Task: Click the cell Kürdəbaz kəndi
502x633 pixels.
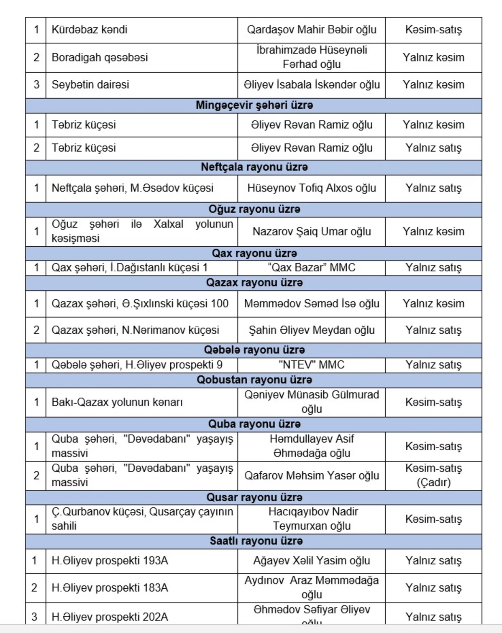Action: tap(90, 30)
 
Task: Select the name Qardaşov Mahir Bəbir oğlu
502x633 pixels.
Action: tap(311, 30)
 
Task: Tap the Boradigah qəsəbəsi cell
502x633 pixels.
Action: tap(100, 57)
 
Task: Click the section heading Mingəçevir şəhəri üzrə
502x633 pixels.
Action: tap(254, 105)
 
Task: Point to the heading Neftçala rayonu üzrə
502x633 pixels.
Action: tap(254, 167)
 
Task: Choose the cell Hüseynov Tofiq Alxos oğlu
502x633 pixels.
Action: tap(311, 188)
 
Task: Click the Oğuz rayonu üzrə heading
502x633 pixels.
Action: tap(254, 209)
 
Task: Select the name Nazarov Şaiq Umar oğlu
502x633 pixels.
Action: tap(311, 232)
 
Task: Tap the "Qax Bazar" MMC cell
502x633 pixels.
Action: tap(311, 268)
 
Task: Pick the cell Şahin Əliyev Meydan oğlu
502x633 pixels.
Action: tap(311, 330)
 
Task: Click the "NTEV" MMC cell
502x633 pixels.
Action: tap(311, 365)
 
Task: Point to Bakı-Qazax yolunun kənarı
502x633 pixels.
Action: tap(117, 402)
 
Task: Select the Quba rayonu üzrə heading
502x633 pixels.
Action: tap(254, 424)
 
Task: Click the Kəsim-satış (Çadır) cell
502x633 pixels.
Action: tap(433, 475)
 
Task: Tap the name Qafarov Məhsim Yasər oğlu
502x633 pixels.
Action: tap(311, 476)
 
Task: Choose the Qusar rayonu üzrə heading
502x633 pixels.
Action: tap(254, 498)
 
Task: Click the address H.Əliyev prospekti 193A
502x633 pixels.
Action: tap(110, 561)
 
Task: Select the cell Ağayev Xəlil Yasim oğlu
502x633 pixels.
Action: tap(311, 561)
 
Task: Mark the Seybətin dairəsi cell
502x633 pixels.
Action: tap(90, 85)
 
